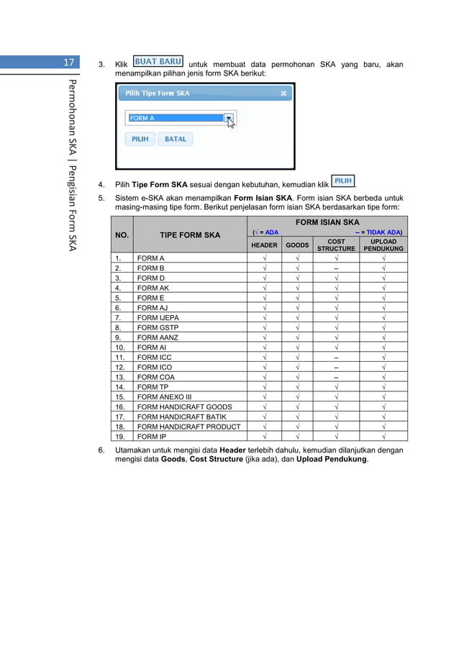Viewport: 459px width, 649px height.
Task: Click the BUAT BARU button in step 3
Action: [158, 62]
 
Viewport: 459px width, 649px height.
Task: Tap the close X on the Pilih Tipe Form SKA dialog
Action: [284, 94]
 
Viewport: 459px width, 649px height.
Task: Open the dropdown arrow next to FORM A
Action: [228, 118]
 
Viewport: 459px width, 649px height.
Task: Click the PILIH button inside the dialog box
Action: [140, 139]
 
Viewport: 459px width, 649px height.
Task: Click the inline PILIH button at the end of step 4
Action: [343, 181]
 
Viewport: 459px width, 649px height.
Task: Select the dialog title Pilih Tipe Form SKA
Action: [158, 94]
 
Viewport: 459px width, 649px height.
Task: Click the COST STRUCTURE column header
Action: [336, 245]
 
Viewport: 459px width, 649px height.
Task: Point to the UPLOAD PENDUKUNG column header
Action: [383, 245]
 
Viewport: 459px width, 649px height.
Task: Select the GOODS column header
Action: [297, 245]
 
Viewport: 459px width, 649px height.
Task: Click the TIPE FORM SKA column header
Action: [190, 235]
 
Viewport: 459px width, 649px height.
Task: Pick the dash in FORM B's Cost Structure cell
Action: [336, 268]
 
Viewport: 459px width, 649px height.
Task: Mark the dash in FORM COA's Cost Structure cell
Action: [336, 377]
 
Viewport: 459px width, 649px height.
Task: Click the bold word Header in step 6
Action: [232, 450]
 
